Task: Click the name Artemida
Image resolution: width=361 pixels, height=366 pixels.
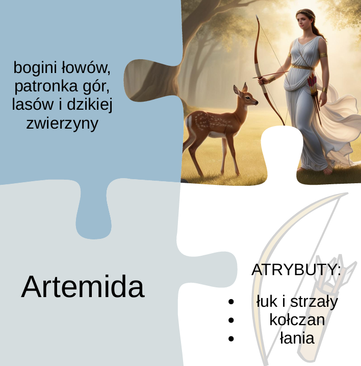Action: click(83, 287)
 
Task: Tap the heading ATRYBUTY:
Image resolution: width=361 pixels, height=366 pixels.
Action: click(296, 270)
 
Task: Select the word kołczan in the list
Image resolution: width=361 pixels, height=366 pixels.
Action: click(297, 320)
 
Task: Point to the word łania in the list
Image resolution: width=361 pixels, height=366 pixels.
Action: click(297, 338)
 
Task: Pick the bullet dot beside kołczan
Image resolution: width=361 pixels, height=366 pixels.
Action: click(231, 321)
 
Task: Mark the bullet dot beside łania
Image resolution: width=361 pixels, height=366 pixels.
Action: click(231, 338)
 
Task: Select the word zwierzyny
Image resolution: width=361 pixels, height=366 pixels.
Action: click(62, 123)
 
